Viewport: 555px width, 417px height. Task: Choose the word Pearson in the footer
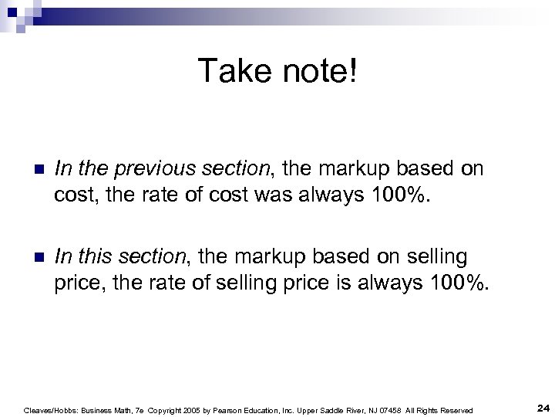point(240,410)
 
